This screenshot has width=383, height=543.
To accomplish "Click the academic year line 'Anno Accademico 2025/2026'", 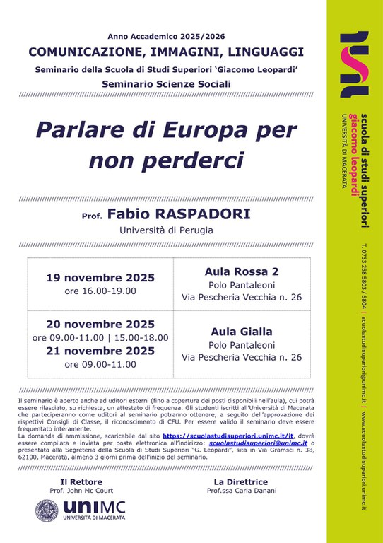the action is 167,35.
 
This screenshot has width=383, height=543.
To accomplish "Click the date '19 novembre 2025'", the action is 100,277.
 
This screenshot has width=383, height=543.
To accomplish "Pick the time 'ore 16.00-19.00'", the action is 100,291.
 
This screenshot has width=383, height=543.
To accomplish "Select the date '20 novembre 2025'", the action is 100,325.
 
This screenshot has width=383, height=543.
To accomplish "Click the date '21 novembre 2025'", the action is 100,351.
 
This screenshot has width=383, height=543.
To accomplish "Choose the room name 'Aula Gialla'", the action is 242,331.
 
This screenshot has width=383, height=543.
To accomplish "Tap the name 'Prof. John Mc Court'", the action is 80,490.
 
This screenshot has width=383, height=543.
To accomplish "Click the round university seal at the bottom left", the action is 47,511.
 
